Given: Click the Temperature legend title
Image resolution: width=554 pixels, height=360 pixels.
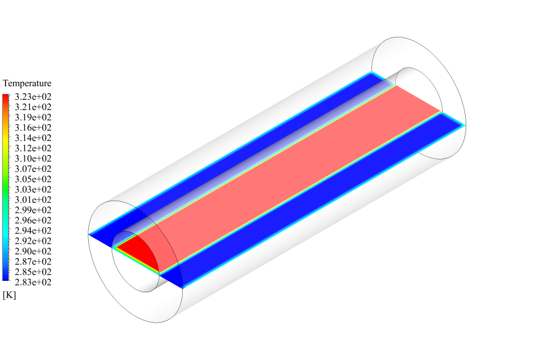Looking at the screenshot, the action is [27, 83].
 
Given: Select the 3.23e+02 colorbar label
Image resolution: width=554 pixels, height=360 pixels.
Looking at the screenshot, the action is [33, 97].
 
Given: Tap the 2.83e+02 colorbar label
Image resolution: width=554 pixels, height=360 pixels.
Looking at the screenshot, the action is [33, 282].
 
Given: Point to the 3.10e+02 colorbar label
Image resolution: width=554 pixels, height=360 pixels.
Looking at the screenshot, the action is [33, 159].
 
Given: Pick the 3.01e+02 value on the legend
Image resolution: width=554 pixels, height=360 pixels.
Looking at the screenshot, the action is [33, 200].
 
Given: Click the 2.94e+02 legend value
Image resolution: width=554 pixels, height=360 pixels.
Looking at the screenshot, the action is [33, 231].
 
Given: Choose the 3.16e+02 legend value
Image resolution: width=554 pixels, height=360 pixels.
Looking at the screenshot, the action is [33, 127].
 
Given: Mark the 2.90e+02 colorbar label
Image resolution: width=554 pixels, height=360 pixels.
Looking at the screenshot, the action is [33, 251].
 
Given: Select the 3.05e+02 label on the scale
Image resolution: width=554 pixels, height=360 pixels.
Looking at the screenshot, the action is [33, 179].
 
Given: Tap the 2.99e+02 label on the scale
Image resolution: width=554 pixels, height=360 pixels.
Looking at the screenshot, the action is [33, 210].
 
